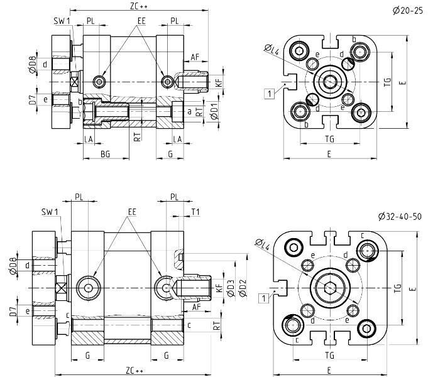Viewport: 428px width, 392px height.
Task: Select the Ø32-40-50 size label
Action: click(x=400, y=216)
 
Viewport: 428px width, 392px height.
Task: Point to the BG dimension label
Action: click(x=105, y=154)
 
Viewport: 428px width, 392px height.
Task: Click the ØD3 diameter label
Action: click(x=231, y=288)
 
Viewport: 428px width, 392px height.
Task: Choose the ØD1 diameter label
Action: click(x=214, y=113)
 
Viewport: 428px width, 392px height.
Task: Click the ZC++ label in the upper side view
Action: click(x=139, y=6)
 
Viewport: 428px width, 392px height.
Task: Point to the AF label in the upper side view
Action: click(x=195, y=57)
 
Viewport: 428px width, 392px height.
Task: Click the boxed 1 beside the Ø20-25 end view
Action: click(x=269, y=94)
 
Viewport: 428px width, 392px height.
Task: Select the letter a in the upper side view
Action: click(x=189, y=111)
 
